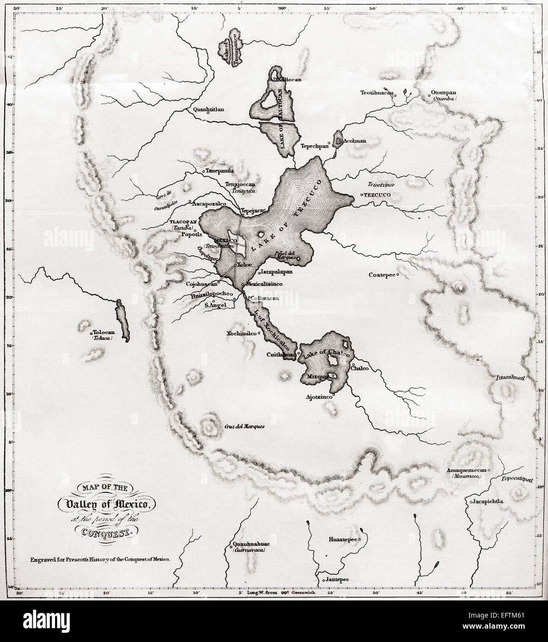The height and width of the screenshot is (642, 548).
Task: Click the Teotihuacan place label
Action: tap(377, 93)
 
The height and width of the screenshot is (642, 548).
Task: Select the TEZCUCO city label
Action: tap(378, 195)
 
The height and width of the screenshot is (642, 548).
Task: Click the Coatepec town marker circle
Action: tap(397, 274)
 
